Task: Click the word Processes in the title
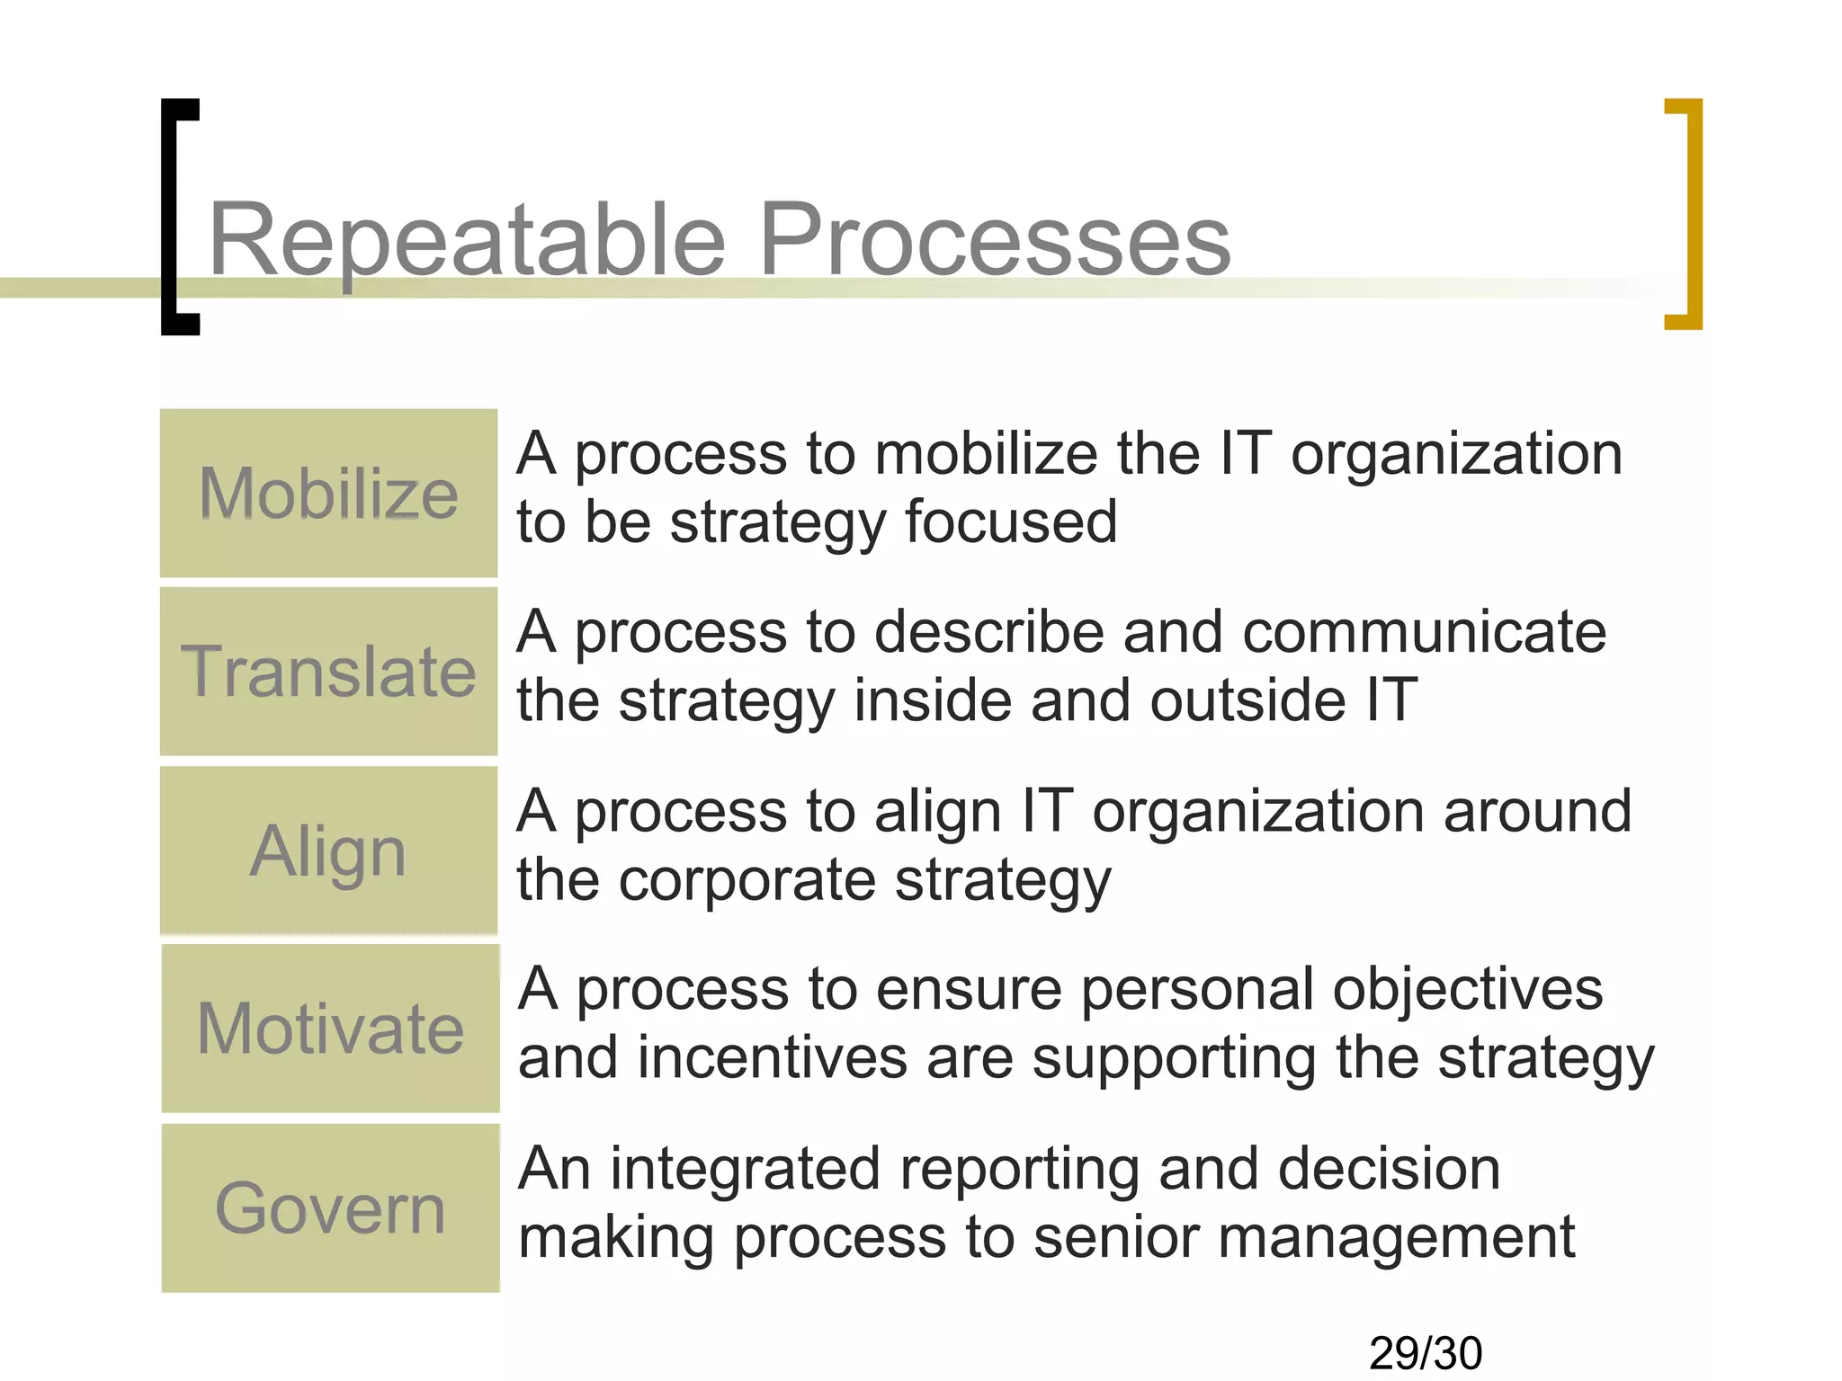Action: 994,241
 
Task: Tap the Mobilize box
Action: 328,493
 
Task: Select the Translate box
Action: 328,671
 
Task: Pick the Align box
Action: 328,850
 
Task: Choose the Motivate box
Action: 330,1028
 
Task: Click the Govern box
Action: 330,1207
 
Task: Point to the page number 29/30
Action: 1425,1353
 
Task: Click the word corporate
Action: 747,880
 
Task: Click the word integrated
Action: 745,1170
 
